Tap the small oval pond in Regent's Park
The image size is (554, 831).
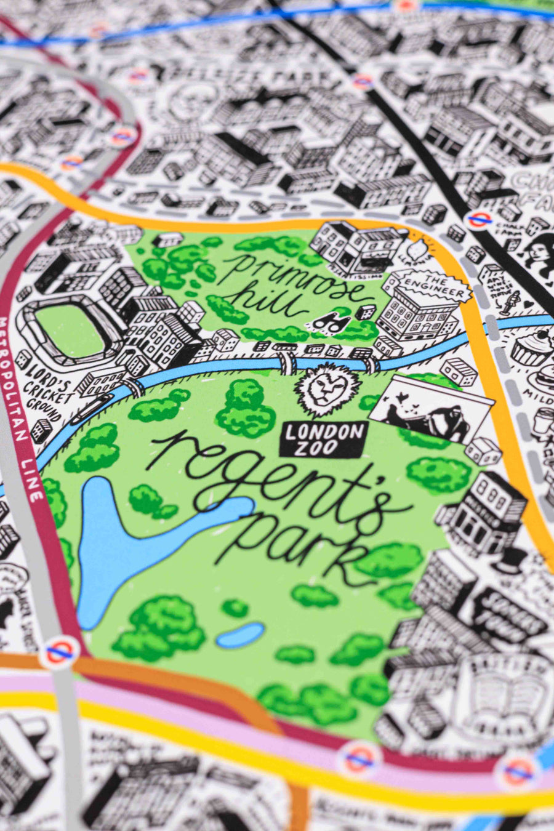click(240, 635)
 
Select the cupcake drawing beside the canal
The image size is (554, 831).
click(531, 348)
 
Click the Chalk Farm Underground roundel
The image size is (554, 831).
click(477, 219)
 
